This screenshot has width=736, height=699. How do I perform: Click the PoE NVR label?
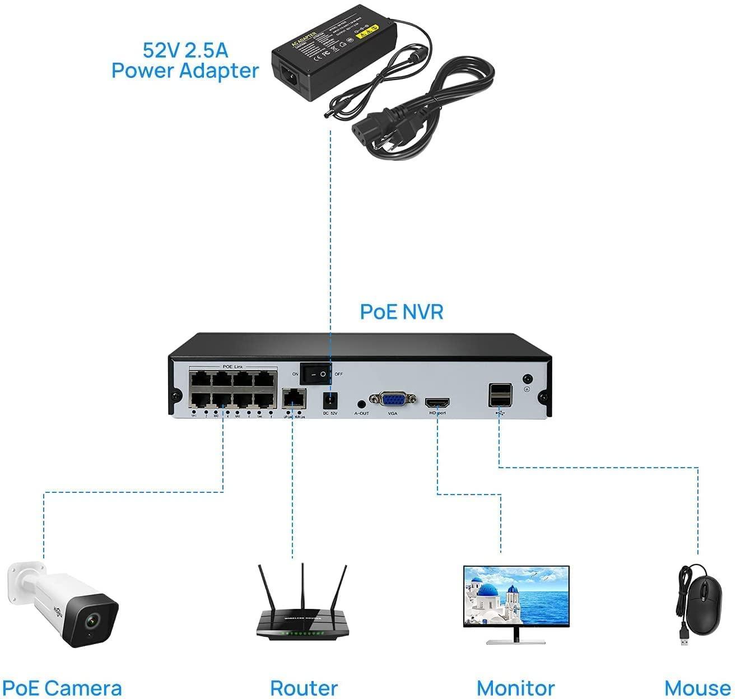tap(401, 312)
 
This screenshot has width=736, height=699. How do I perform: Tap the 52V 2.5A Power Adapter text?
tap(185, 60)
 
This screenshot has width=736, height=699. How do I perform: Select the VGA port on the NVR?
tap(393, 399)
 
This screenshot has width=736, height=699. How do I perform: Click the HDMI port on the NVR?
tap(437, 403)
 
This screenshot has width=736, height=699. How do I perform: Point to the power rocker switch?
tap(316, 374)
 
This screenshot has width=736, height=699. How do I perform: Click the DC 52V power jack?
tap(330, 400)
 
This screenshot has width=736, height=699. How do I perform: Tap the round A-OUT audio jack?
tap(361, 403)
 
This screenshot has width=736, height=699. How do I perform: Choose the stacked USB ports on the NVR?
tap(500, 395)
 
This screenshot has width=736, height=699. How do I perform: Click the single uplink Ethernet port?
tap(294, 398)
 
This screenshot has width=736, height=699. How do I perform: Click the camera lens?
tap(91, 620)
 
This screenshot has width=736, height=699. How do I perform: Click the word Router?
tap(304, 687)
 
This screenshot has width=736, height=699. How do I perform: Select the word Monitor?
tap(515, 687)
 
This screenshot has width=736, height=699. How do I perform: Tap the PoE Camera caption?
tap(62, 687)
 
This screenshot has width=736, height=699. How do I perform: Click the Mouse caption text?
tap(697, 687)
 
